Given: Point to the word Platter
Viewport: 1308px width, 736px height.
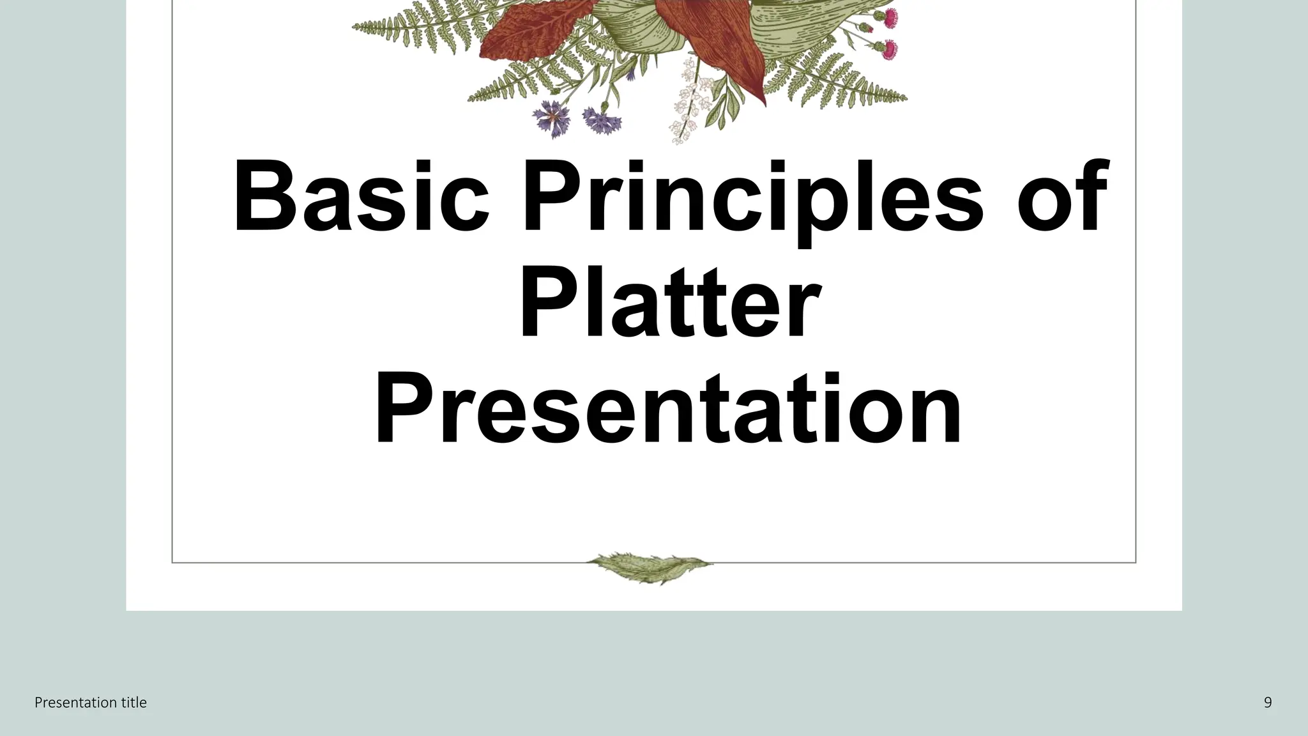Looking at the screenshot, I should (x=669, y=303).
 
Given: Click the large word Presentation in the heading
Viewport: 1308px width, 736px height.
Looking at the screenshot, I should (x=667, y=411).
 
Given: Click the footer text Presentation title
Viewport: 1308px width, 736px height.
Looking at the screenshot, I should (x=91, y=703).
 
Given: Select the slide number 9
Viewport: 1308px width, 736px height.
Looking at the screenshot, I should (x=1268, y=703).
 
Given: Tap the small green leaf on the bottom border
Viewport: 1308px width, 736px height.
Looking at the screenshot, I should (x=649, y=567).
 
